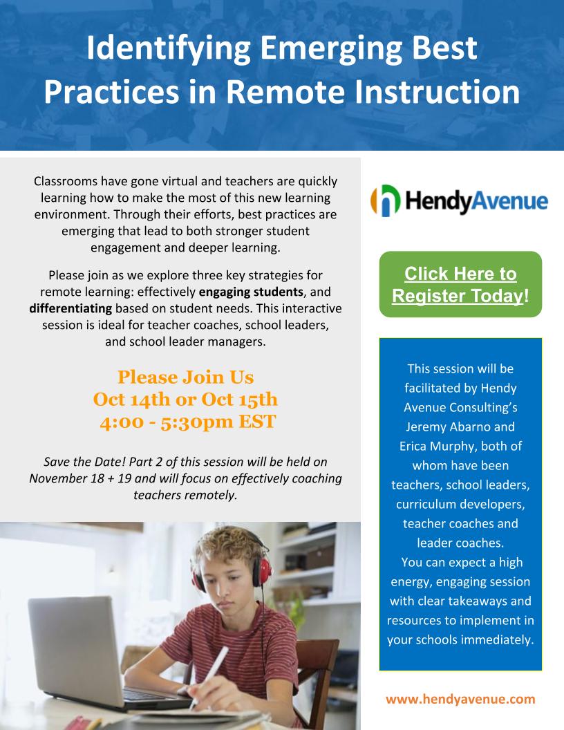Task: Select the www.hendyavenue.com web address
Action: [461, 699]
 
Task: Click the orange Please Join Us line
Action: [186, 377]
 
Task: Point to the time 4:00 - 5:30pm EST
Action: [187, 421]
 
